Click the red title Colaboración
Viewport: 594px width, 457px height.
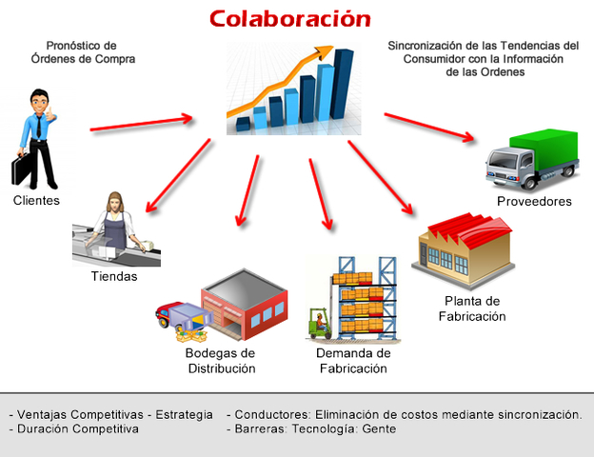click(x=289, y=18)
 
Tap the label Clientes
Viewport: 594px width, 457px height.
click(x=36, y=201)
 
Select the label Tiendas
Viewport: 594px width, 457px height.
click(x=114, y=277)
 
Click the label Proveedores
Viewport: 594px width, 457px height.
click(x=534, y=202)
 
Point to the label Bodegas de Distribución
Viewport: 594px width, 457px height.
click(x=220, y=361)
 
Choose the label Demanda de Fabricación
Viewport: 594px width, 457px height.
click(x=353, y=361)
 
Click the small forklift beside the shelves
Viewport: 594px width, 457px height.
click(x=318, y=324)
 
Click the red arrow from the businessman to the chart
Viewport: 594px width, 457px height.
click(x=142, y=123)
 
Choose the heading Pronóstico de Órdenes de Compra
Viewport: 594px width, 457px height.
click(x=81, y=52)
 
